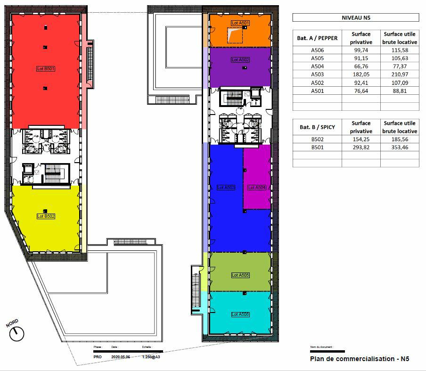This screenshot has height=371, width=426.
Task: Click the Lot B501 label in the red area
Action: point(46,69)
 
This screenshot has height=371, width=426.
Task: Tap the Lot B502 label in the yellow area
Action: point(46,216)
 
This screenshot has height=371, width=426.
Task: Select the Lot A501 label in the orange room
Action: point(240,23)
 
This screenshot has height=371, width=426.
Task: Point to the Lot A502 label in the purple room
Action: point(240,60)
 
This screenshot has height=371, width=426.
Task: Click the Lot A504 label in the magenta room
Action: point(257,188)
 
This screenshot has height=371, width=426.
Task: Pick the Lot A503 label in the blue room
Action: point(226,188)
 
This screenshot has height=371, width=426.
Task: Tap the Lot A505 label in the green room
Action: point(240,275)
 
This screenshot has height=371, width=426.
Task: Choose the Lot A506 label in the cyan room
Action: point(240,314)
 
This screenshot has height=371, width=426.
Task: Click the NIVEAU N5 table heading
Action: point(355,17)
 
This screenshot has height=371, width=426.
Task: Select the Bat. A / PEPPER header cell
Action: point(318,38)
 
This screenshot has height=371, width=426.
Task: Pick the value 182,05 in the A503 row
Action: point(360,74)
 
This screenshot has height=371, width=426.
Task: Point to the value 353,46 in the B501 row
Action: point(400,148)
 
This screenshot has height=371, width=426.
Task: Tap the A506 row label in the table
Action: point(318,50)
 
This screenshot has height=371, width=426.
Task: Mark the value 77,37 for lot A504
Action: point(400,66)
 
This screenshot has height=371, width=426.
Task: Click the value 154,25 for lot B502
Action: point(360,140)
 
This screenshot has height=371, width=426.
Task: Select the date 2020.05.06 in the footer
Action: point(121,357)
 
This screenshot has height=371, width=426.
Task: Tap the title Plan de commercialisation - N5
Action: point(359,359)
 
